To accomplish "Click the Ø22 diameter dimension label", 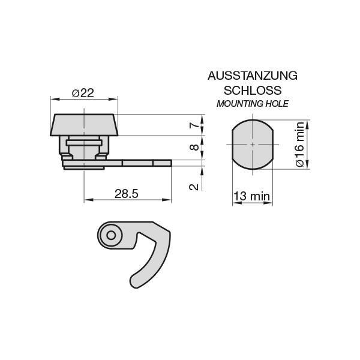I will click(x=83, y=93).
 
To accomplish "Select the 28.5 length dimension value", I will click(x=127, y=193).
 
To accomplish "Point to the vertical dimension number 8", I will click(x=193, y=148).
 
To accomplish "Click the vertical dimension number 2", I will click(x=193, y=187).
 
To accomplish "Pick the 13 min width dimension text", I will click(x=251, y=196).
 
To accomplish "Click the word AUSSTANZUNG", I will click(x=252, y=76).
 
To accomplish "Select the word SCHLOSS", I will click(x=252, y=91).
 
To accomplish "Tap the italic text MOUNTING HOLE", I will click(x=252, y=104).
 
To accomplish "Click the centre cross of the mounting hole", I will click(x=253, y=145).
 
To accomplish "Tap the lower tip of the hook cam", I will click(x=135, y=281).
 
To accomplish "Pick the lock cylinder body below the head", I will click(x=84, y=150).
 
